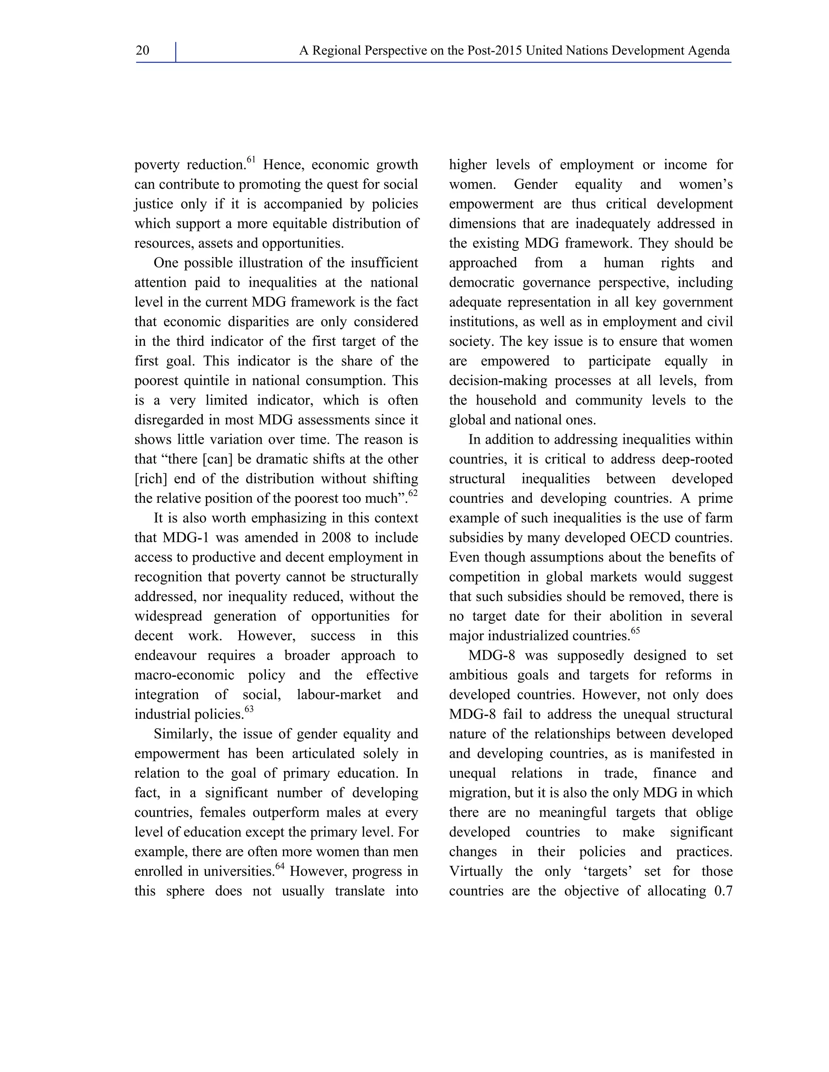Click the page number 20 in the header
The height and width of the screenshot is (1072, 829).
142,51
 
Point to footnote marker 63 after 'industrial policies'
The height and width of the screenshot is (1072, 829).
249,709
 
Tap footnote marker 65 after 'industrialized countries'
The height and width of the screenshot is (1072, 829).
636,631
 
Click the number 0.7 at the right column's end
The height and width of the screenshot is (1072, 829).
723,891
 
